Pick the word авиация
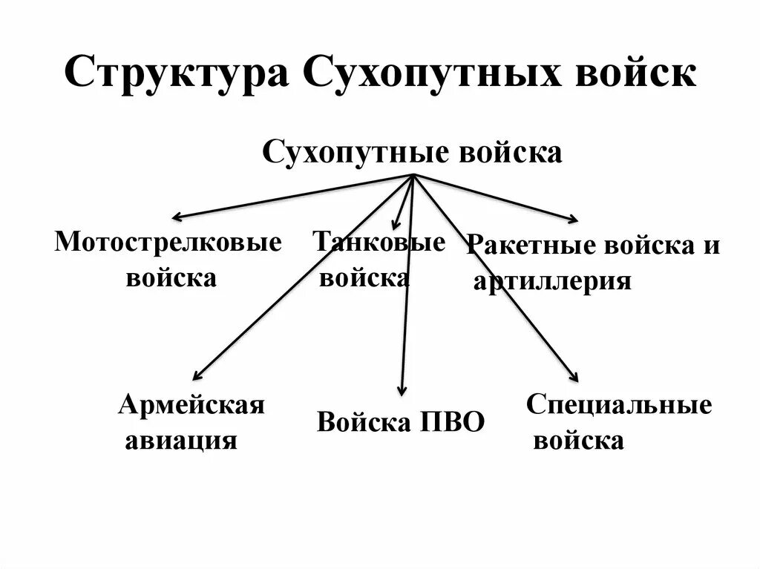(x=181, y=441)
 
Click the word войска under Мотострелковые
(x=171, y=278)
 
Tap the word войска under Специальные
(x=579, y=441)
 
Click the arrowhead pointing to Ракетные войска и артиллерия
(x=574, y=219)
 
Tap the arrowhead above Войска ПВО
(x=402, y=390)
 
